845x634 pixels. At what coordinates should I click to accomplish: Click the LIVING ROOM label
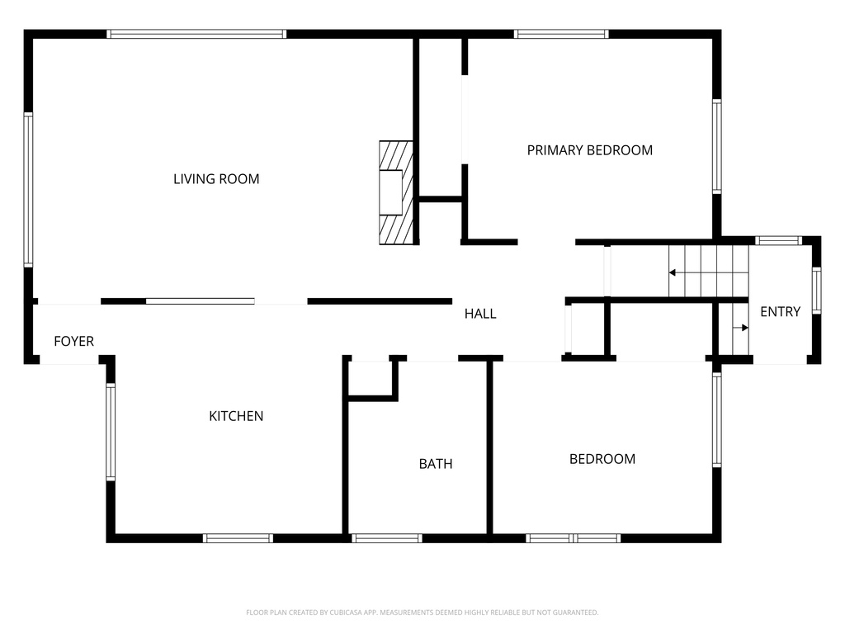point(216,179)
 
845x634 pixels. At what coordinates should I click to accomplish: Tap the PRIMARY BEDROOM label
point(589,150)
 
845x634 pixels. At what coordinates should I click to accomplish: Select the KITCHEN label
point(236,416)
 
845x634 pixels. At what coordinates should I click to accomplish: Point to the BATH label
point(436,464)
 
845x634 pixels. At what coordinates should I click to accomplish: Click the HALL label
point(480,314)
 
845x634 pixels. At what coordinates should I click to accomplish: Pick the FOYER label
point(73,341)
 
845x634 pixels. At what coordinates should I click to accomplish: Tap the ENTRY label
point(781,311)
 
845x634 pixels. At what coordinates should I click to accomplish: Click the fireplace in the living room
point(396,192)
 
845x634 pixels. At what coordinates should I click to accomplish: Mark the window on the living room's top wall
point(196,34)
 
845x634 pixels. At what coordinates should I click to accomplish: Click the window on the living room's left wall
point(28,190)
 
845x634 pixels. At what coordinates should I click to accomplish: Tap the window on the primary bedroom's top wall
point(561,34)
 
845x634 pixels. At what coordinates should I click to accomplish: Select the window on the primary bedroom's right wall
point(717,147)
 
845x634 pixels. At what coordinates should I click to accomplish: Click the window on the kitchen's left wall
point(111,431)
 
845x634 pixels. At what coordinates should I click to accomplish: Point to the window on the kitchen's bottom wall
point(238,538)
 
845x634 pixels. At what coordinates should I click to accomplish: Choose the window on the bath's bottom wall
point(386,538)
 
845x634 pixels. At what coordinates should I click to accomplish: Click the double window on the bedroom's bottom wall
point(574,538)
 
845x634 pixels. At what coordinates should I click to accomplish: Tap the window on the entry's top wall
point(778,240)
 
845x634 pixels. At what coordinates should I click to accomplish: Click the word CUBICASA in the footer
point(346,613)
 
